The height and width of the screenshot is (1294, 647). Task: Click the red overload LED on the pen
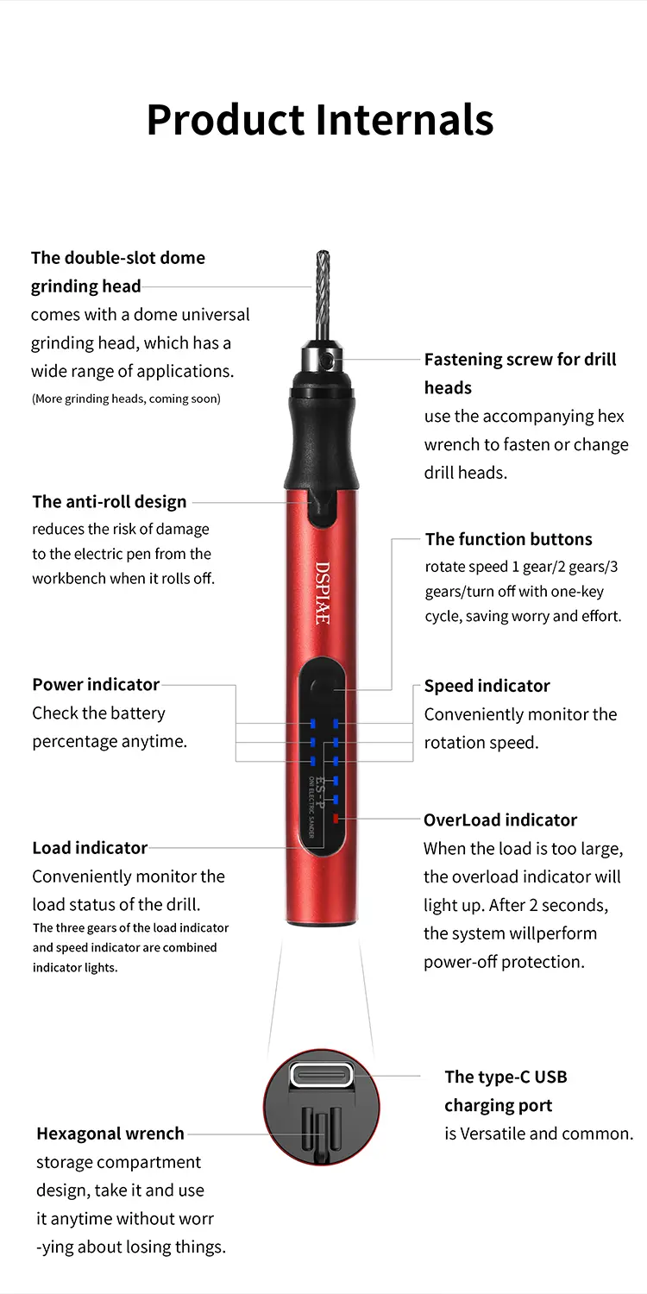coord(336,819)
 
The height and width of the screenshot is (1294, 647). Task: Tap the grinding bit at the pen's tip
coord(323,295)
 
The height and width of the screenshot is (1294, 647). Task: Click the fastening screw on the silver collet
coord(328,361)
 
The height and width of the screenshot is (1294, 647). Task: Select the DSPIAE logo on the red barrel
coord(323,593)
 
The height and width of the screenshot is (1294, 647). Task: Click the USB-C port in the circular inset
coord(323,1076)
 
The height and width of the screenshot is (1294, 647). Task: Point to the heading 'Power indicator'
coord(96,685)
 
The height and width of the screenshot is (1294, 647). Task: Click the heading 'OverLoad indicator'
coord(500,820)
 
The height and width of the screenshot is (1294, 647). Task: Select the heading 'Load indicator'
coord(90,848)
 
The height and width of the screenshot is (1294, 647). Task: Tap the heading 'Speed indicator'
coord(487,686)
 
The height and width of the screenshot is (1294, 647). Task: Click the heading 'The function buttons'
coord(509,539)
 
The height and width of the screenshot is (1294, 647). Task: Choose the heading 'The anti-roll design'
coord(110,501)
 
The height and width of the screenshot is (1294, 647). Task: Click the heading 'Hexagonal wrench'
coord(110,1134)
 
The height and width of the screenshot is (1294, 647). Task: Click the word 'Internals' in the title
coord(405,120)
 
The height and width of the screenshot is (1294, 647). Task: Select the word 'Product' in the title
coord(225,120)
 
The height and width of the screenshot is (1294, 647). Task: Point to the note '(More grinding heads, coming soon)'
coord(126,399)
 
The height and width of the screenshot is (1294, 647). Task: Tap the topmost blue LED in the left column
coord(312,723)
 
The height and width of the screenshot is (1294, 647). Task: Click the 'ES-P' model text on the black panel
coord(321,793)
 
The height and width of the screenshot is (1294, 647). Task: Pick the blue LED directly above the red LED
coord(336,800)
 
